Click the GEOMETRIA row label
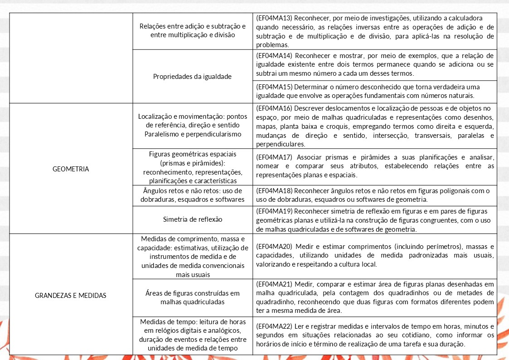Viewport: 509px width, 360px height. [71, 169]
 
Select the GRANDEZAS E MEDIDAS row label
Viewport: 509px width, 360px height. [71, 295]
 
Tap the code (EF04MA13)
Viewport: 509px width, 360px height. [274, 18]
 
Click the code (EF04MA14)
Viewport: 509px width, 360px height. [274, 56]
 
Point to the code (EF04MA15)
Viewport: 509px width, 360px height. [274, 87]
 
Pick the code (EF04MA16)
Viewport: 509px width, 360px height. [274, 108]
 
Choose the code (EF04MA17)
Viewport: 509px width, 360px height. [274, 157]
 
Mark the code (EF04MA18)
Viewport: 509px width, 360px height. [274, 191]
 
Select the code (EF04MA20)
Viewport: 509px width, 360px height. [274, 246]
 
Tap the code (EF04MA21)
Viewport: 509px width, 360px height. [274, 284]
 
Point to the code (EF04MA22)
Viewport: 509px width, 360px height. [274, 326]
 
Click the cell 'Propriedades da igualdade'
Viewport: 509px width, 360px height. [193, 76]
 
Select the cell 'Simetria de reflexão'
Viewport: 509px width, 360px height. [193, 219]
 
